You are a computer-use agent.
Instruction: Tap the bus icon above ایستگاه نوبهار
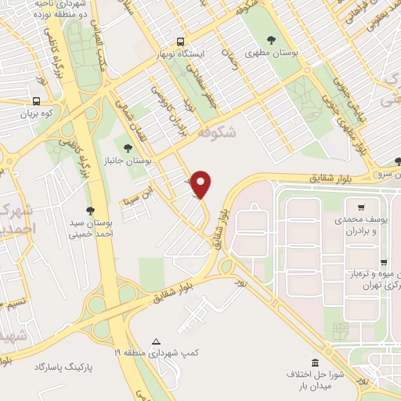181,42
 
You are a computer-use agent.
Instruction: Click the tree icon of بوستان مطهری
271,40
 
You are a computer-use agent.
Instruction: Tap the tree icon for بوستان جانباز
127,146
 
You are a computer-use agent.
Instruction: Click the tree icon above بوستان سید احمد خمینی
91,210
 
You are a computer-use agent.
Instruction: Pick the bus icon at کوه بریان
36,101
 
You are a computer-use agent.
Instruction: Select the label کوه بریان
36,114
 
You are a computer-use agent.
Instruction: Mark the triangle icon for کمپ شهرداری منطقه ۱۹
157,342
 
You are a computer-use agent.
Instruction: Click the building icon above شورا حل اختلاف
315,363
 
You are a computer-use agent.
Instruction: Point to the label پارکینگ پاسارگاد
63,367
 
